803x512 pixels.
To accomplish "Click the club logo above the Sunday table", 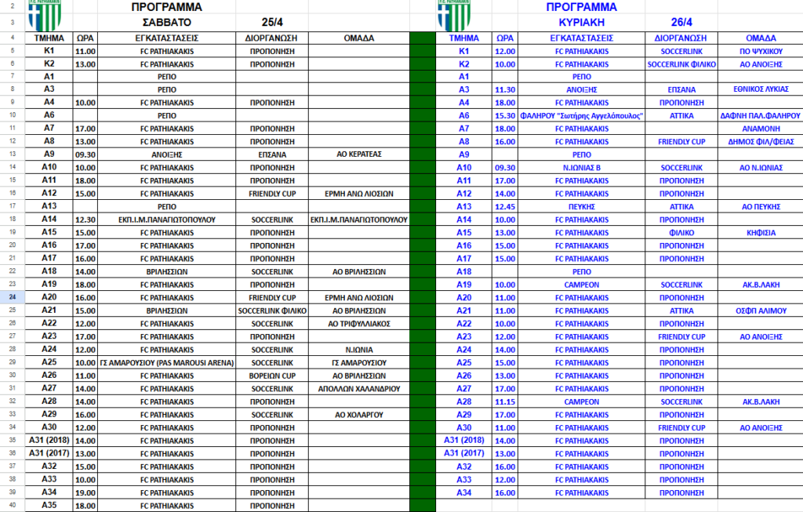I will tap(453, 15).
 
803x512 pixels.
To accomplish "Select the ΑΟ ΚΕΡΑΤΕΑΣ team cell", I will tap(359, 154).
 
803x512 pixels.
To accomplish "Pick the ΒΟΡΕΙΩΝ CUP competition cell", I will tap(271, 375).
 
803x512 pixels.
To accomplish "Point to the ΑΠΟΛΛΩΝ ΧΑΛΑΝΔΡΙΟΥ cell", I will tap(359, 387).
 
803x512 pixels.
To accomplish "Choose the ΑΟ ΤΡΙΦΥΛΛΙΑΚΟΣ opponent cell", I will tap(359, 323).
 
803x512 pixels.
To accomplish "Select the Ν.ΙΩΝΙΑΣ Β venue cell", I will tap(581, 168).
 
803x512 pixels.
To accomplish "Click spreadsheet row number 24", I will tap(12, 297).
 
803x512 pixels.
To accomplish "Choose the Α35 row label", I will tap(49, 505).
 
